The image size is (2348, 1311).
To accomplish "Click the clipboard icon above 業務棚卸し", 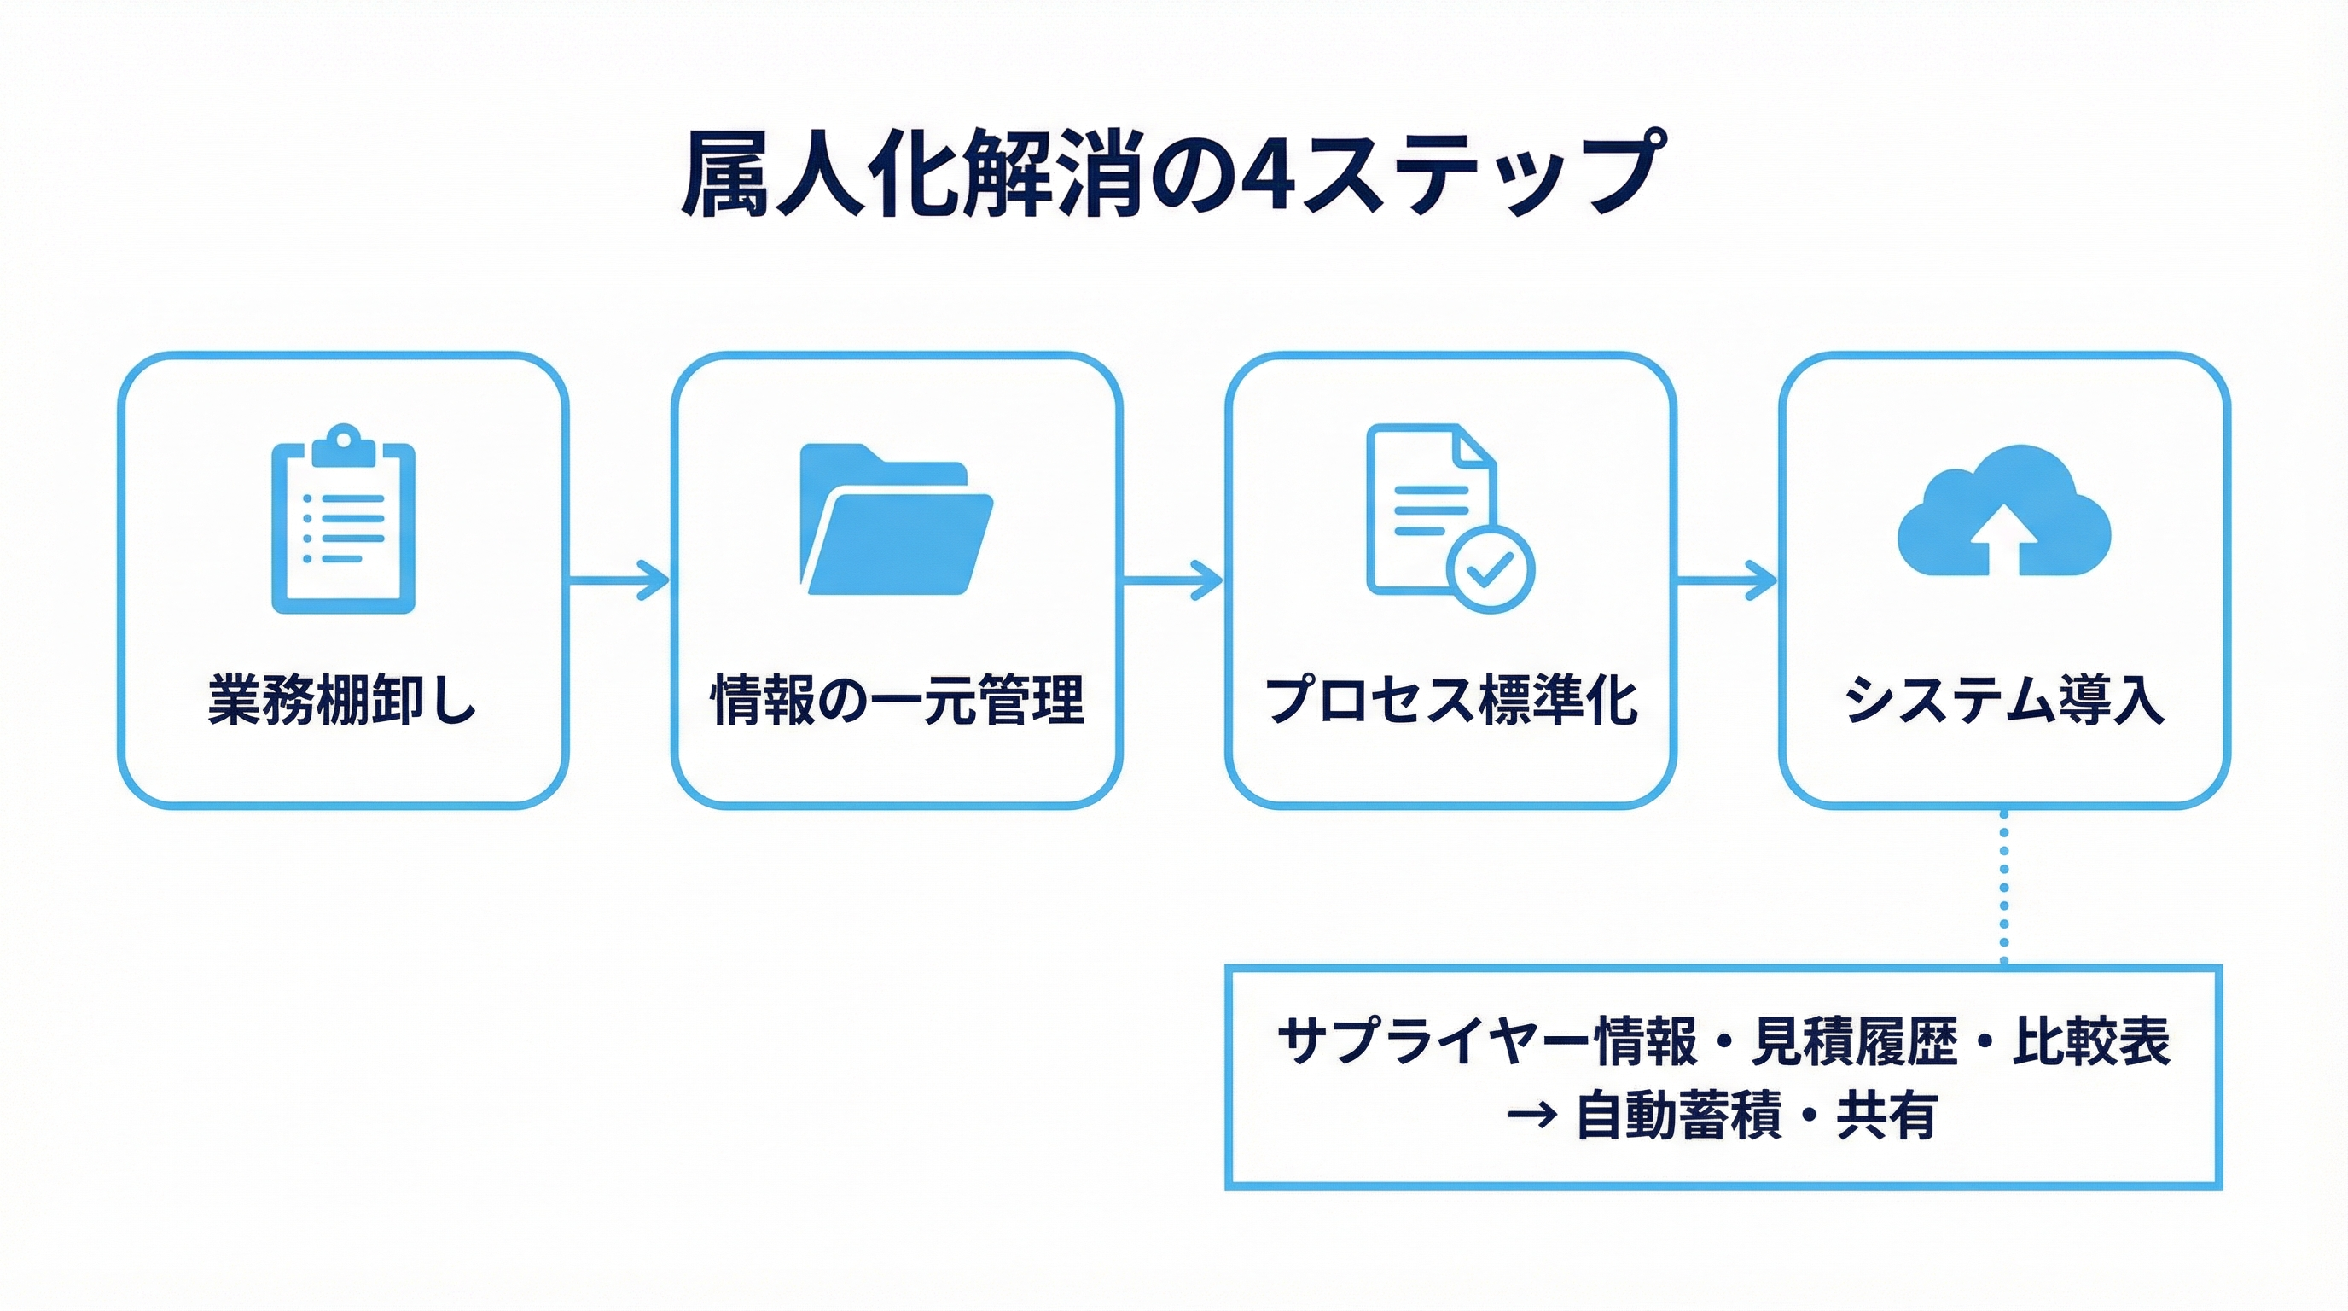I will (344, 520).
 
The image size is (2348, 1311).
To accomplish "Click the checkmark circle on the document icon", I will (1491, 569).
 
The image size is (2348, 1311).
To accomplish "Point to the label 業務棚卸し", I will (343, 700).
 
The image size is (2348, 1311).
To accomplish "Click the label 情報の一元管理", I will (897, 700).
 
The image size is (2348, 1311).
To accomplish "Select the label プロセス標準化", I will (1451, 700).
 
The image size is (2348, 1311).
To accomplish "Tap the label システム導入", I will (2003, 700).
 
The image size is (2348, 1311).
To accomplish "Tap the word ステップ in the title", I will (1481, 175).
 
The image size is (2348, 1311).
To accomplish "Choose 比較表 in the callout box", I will (2092, 1040).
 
